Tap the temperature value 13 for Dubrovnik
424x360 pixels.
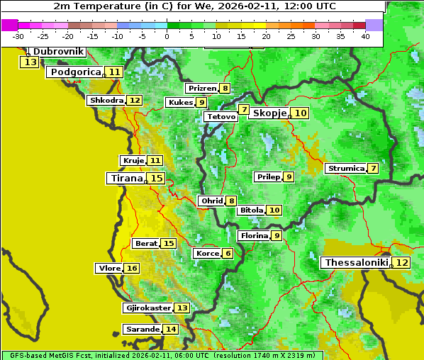(x=30, y=62)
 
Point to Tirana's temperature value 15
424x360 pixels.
(x=157, y=179)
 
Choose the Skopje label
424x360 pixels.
(x=269, y=113)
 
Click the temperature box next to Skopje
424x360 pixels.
(x=301, y=113)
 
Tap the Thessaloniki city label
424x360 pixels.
(x=357, y=263)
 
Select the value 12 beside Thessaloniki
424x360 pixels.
(x=401, y=263)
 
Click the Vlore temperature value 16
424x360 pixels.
(x=132, y=269)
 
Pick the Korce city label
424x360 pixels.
(x=207, y=254)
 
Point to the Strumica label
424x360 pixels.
(x=345, y=169)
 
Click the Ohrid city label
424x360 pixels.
(x=211, y=201)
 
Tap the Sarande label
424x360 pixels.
(x=142, y=330)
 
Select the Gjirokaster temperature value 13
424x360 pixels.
(x=182, y=308)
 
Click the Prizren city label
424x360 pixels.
(x=201, y=89)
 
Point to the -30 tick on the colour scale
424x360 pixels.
(x=18, y=36)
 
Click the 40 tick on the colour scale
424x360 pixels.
(x=365, y=36)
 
